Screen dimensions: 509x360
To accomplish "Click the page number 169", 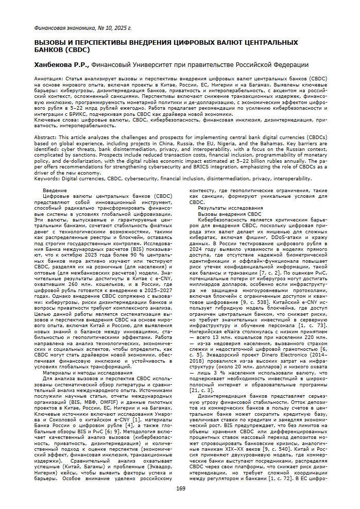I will point(180,488).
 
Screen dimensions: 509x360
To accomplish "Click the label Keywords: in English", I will point(48,178).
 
